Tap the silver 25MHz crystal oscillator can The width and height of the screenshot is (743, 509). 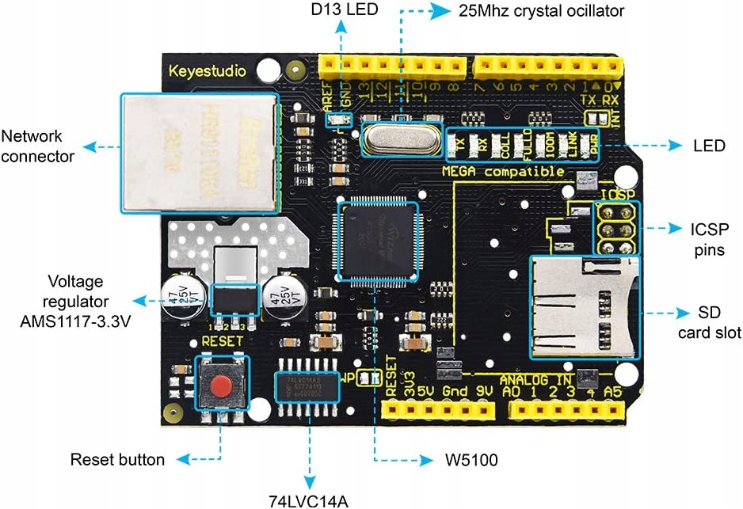(400, 139)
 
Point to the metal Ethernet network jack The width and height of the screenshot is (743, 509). (199, 152)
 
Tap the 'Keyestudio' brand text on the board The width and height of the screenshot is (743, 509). (208, 71)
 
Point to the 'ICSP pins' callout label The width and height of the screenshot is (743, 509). (707, 239)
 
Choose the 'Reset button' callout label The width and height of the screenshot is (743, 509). (117, 459)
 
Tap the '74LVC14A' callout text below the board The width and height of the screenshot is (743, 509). (308, 499)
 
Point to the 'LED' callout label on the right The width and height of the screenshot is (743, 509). (709, 146)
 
